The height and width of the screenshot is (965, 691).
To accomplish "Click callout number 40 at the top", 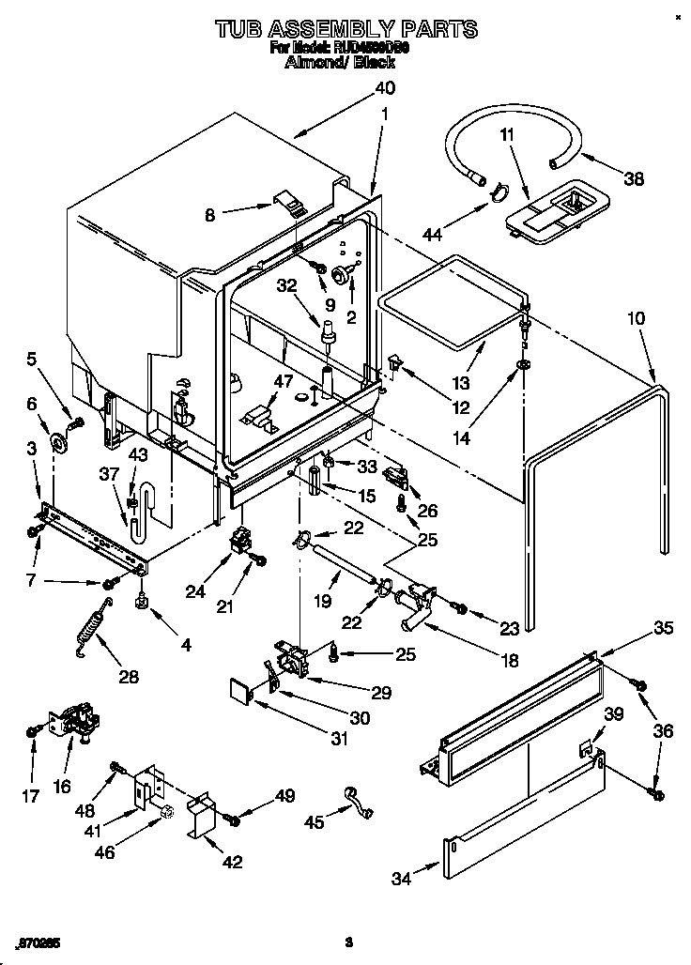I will pos(384,88).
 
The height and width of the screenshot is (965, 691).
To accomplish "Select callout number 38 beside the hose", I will pos(635,178).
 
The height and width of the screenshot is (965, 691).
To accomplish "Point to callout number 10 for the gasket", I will pos(636,319).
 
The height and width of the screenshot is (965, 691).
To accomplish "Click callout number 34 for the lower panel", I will pos(401,878).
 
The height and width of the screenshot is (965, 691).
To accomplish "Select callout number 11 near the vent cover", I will pos(507,135).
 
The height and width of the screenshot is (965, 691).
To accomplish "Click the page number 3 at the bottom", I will pos(347,942).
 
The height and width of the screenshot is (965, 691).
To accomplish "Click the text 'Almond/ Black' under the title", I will pos(346,63).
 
